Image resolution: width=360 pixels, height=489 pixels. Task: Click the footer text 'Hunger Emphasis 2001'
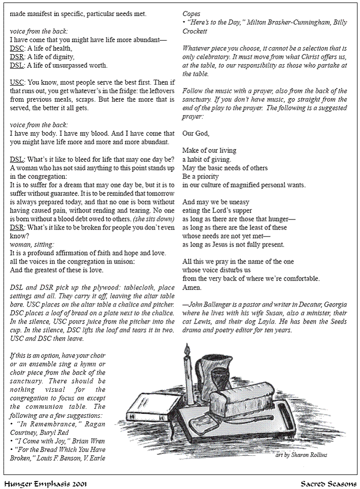[45, 483]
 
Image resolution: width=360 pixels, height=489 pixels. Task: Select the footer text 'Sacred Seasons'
[328, 483]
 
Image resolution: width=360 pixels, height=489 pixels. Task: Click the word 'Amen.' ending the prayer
[192, 288]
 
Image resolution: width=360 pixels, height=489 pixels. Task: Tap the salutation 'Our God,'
[196, 133]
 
